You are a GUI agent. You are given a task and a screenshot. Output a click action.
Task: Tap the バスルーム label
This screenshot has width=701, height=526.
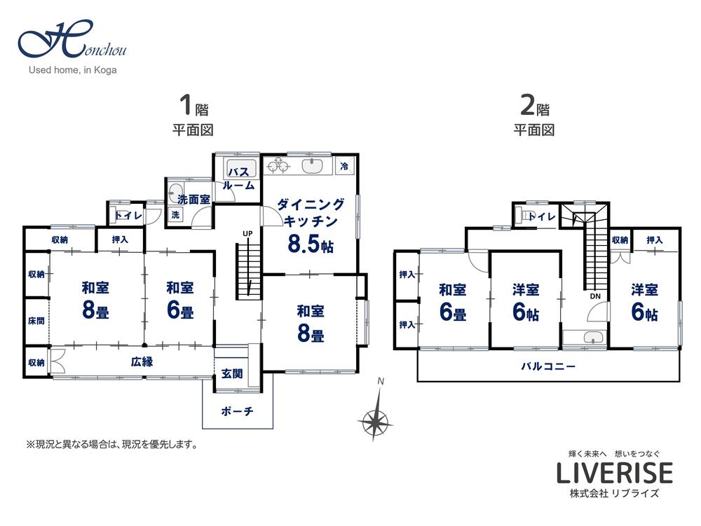(238, 179)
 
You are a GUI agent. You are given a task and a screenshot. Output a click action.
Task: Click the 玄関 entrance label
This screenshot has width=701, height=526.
(232, 373)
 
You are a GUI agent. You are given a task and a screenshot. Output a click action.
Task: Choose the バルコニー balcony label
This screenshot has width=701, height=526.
(548, 366)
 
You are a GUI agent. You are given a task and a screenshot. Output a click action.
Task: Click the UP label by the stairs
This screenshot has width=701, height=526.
(247, 233)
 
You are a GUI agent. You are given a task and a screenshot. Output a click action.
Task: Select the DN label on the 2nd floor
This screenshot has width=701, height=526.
(595, 296)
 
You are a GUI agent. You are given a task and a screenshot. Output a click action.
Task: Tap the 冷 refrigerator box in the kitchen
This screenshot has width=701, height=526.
(344, 166)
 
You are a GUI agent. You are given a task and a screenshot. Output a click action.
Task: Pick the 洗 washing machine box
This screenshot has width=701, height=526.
(176, 214)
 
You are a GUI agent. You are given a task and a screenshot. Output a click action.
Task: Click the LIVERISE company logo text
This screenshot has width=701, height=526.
(614, 473)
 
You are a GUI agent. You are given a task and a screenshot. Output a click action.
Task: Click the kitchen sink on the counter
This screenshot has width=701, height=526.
(313, 166)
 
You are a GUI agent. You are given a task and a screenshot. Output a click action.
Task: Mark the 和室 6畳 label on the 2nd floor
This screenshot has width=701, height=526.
(453, 302)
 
